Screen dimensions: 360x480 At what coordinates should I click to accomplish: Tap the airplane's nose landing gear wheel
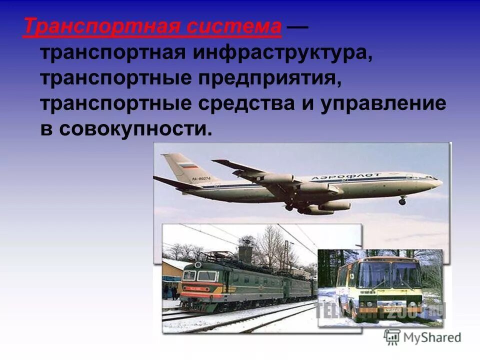click(x=402, y=201)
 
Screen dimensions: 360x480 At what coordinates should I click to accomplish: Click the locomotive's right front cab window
click(x=207, y=275)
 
